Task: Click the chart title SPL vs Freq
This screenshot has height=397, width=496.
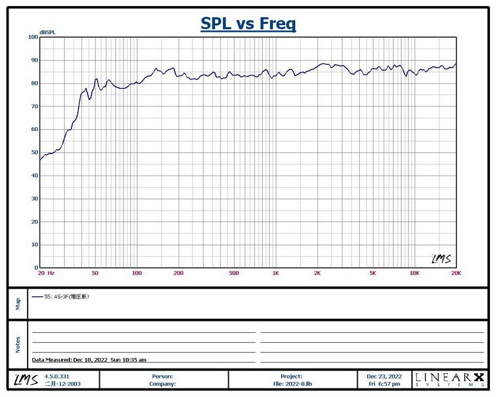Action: [x=248, y=24]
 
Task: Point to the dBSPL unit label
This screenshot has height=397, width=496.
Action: [x=48, y=32]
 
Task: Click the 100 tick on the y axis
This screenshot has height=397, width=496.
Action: [x=32, y=37]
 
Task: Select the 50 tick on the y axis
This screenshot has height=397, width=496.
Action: [x=34, y=152]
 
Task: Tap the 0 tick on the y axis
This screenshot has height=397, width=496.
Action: [x=36, y=267]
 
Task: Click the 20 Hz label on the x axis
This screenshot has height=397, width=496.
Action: [x=46, y=273]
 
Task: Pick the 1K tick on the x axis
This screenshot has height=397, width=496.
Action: [x=275, y=273]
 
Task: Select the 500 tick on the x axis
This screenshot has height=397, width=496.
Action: [x=233, y=273]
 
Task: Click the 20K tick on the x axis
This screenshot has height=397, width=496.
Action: [x=455, y=273]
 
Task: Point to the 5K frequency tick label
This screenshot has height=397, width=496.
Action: [x=372, y=273]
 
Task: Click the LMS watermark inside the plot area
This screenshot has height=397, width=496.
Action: [x=440, y=259]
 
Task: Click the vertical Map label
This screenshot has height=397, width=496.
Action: [x=18, y=303]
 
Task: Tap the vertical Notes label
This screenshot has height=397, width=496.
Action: [x=18, y=344]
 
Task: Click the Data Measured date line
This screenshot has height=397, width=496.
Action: [x=89, y=359]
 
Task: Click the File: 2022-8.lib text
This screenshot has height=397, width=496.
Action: [x=292, y=383]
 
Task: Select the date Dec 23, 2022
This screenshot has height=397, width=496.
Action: [x=384, y=376]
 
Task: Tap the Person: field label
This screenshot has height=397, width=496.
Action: [x=163, y=376]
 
